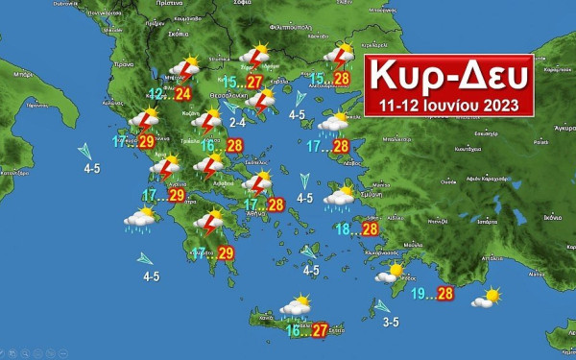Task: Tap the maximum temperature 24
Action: [x=183, y=94]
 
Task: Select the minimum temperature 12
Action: [x=156, y=93]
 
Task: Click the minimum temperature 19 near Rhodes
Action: [x=419, y=293]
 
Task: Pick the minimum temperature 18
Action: [x=343, y=228]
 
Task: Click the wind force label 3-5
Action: [x=390, y=322]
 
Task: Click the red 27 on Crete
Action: [x=320, y=330]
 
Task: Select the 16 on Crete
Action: [x=294, y=330]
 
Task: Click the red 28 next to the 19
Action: [x=444, y=294]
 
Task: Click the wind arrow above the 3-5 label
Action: [x=382, y=306]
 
